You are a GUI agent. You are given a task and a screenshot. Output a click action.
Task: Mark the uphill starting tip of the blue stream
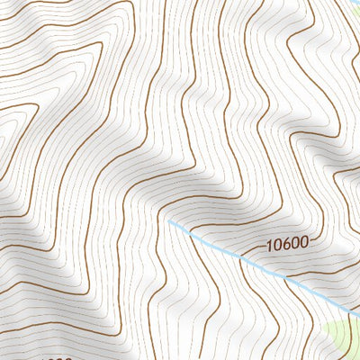[x=167, y=219]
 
